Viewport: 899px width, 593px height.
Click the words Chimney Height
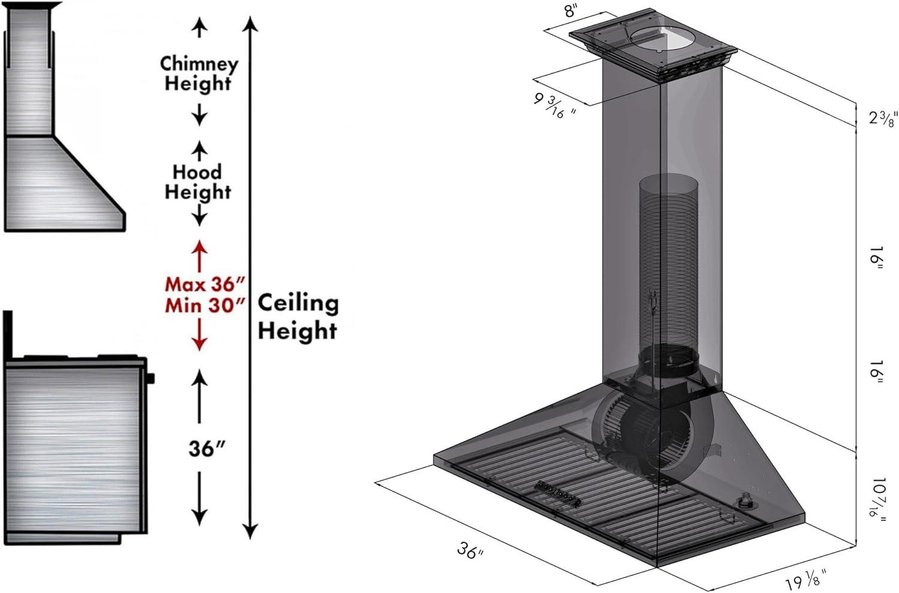pyautogui.click(x=199, y=74)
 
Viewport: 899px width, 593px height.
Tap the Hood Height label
pyautogui.click(x=198, y=181)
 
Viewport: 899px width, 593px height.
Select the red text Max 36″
pyautogui.click(x=205, y=285)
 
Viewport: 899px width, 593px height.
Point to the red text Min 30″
pyautogui.click(x=205, y=305)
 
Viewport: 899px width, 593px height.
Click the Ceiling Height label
pyautogui.click(x=298, y=316)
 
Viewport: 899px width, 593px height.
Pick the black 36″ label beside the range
pyautogui.click(x=207, y=448)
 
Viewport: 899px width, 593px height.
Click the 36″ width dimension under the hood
pyautogui.click(x=470, y=550)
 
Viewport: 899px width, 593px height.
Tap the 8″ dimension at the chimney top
pyautogui.click(x=572, y=10)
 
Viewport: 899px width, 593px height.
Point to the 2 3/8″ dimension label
pyautogui.click(x=882, y=119)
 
